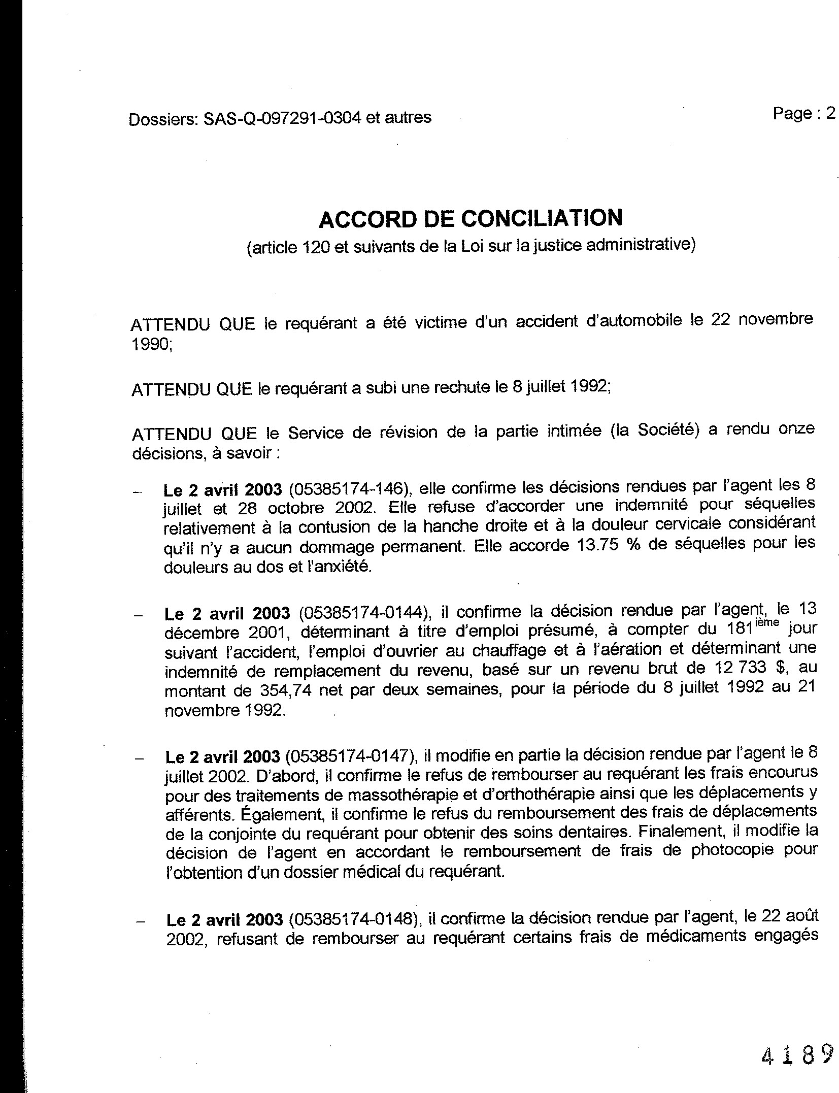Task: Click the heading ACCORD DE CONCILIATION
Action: click(x=471, y=219)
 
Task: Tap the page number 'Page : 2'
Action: click(x=804, y=113)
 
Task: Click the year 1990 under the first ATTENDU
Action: click(x=151, y=345)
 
